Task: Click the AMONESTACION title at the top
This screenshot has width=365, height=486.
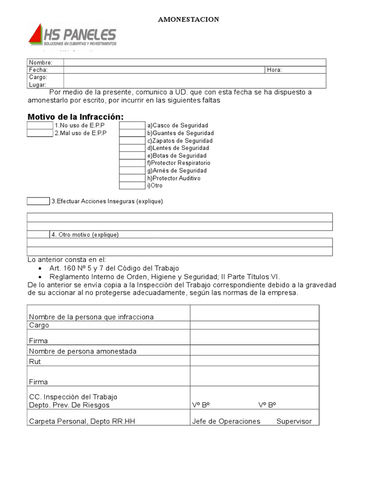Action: [x=188, y=19]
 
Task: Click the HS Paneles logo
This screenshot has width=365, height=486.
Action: [x=73, y=37]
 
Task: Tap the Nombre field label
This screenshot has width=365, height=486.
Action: [x=40, y=63]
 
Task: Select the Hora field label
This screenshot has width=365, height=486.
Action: [x=274, y=70]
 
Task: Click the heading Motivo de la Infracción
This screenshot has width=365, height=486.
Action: [x=75, y=117]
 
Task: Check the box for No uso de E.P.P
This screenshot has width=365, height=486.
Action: [x=40, y=125]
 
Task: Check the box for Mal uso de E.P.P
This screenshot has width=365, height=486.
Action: [x=40, y=133]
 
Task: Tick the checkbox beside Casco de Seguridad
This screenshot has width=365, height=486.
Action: [x=132, y=125]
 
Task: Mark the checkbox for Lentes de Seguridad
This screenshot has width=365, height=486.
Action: [x=132, y=148]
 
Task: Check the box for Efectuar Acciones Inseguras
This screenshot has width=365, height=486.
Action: [x=38, y=201]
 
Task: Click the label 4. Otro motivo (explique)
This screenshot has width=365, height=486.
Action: [x=85, y=235]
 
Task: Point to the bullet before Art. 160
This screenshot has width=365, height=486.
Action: [x=39, y=269]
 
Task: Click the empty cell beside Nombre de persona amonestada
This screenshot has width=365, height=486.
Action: [x=254, y=351]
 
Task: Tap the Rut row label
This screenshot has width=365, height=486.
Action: [x=35, y=362]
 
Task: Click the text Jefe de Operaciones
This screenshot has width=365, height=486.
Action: [x=226, y=421]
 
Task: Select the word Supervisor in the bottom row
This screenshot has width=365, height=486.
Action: [x=294, y=421]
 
